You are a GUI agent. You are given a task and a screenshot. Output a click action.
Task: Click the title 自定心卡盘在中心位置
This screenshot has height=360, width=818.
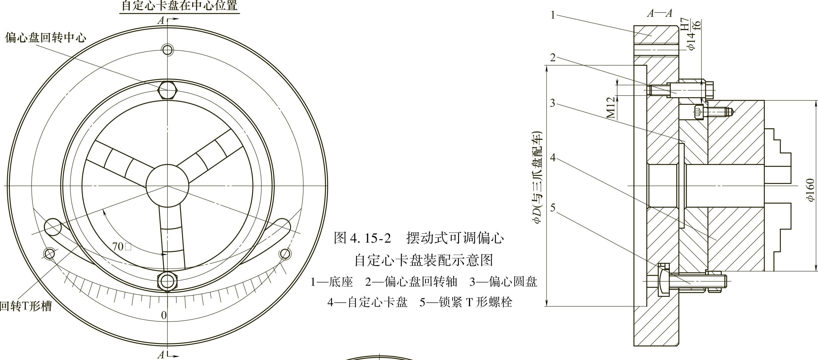click(x=179, y=6)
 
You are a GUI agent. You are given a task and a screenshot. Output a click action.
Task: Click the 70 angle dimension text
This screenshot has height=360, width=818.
click(x=118, y=246)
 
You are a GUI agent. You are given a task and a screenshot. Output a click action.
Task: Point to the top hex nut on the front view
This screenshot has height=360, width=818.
click(x=167, y=90)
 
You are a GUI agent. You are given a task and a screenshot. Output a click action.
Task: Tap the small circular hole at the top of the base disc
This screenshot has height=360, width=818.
click(x=167, y=50)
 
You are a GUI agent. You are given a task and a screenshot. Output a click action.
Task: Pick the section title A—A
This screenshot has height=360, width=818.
click(x=660, y=13)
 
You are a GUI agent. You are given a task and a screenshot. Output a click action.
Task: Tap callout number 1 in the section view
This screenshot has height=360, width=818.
click(x=553, y=15)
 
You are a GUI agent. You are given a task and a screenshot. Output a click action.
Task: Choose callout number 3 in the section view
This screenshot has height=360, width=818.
click(x=553, y=103)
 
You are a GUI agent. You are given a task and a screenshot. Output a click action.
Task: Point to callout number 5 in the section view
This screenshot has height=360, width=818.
click(x=553, y=208)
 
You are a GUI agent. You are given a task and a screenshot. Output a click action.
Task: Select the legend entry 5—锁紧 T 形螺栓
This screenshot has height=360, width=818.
click(x=466, y=302)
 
